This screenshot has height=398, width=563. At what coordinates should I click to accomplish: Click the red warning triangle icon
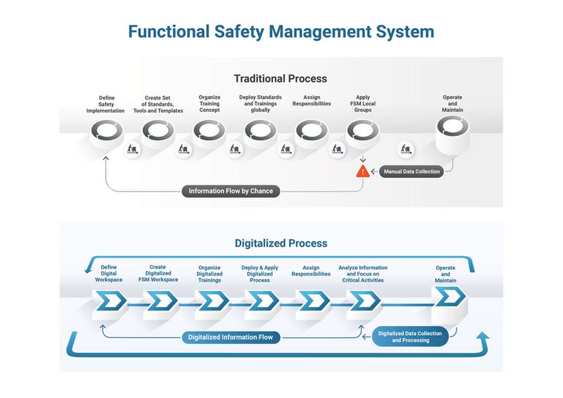pos(363,172)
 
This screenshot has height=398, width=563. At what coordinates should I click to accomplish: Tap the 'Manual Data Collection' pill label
pos(412,172)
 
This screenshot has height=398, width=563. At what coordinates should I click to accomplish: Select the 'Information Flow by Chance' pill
pos(230,191)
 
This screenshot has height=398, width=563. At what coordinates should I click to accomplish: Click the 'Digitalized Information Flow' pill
pos(230,337)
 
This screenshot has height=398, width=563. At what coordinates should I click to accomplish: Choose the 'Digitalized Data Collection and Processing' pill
pos(411,337)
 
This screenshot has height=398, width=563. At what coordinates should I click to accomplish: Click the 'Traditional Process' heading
pos(280,79)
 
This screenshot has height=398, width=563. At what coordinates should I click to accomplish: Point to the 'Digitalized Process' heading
pos(281,243)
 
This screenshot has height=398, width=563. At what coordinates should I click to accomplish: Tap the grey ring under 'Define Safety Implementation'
pos(107,130)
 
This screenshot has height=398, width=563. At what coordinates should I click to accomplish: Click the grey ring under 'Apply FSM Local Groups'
pos(363,130)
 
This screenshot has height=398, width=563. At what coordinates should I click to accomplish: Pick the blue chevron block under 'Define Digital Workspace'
pos(110,301)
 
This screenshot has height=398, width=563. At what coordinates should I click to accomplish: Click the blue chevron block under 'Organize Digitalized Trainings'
pos(212,301)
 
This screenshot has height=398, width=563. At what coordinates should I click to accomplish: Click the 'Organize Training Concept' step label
pos(209,104)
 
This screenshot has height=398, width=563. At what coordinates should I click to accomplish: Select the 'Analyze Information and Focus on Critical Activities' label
pos(363,274)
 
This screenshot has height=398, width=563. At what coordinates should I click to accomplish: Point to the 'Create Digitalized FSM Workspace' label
pos(158,274)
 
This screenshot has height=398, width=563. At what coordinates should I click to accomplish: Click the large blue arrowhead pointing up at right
pos(483,339)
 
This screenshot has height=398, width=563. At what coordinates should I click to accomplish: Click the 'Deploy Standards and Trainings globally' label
pos(260,104)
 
